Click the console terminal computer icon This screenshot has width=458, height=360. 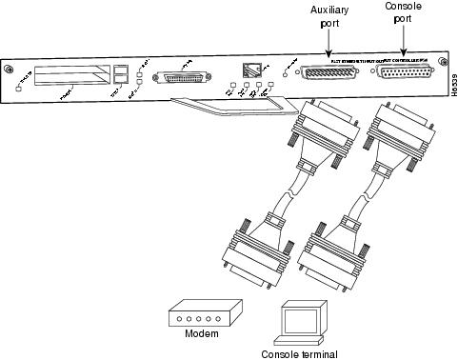pos(296,319)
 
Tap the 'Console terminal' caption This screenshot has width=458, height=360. pos(296,352)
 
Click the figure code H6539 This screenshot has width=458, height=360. pos(450,92)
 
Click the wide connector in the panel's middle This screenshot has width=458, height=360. pos(188,77)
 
